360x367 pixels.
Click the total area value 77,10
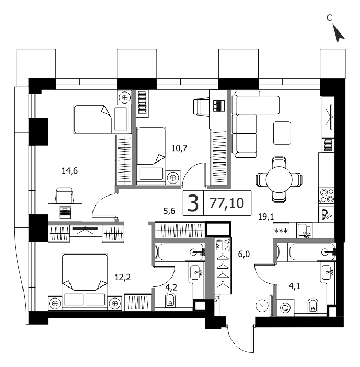click(226, 203)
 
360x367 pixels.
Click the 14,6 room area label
click(69, 170)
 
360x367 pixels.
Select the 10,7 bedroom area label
click(179, 147)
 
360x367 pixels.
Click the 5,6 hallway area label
click(168, 211)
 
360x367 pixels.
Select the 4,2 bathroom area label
click(171, 286)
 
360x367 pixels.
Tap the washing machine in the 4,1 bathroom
click(285, 307)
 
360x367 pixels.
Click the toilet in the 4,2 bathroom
click(170, 301)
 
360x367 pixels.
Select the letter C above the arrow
click(329, 18)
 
